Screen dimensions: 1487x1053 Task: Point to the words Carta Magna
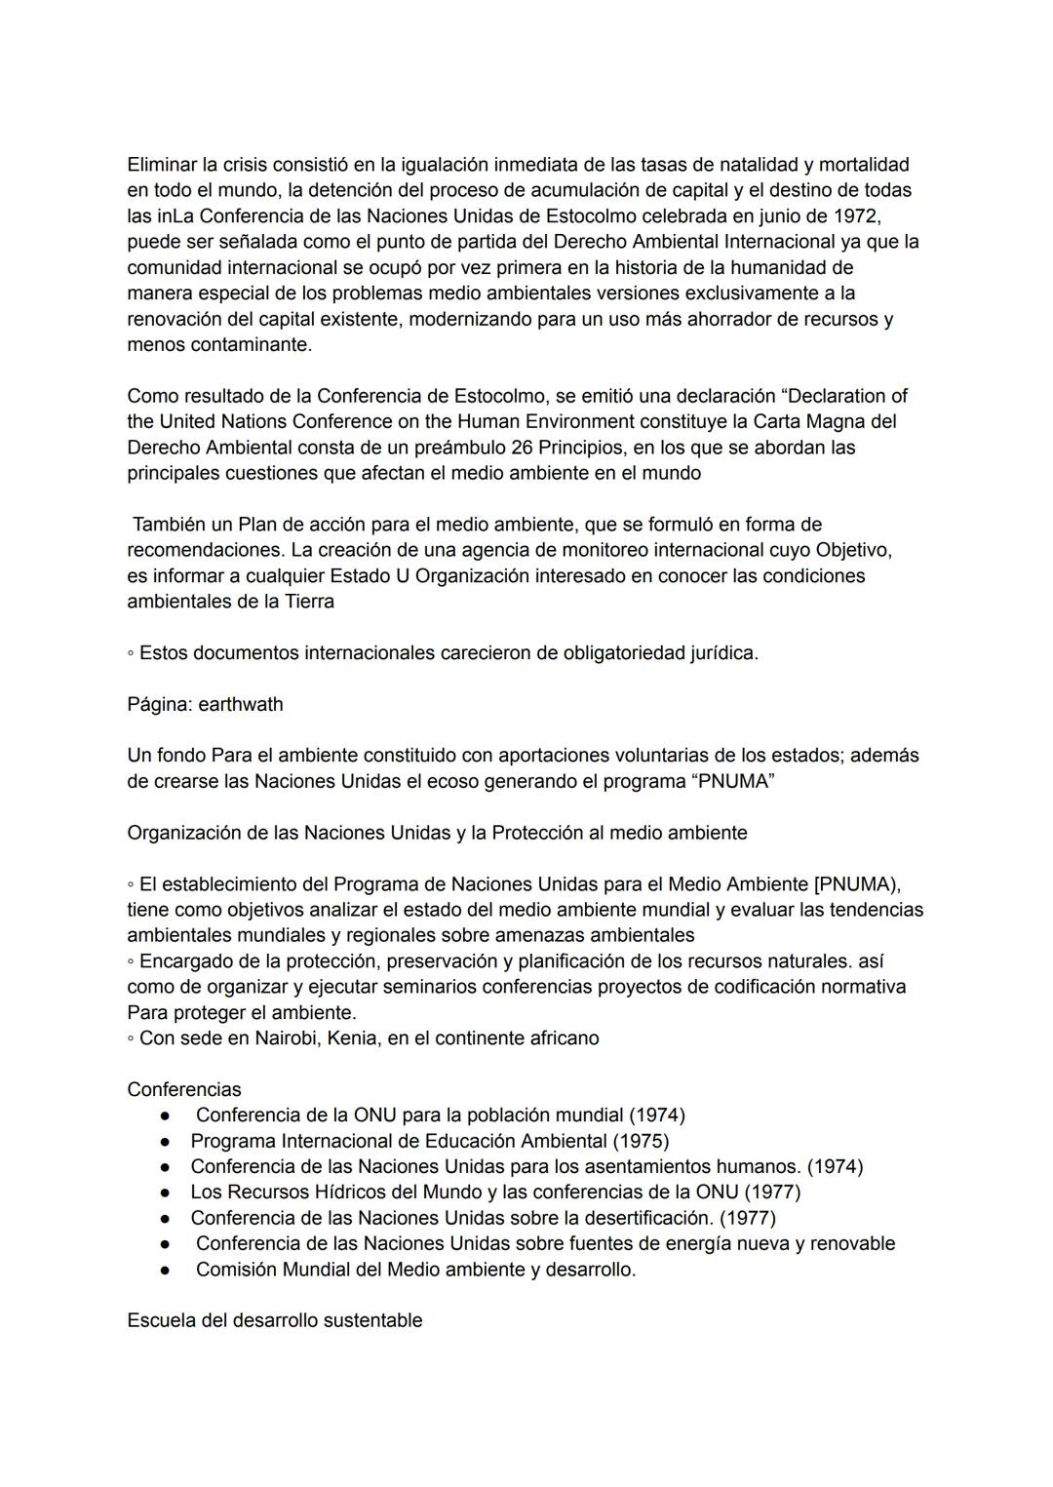coord(809,422)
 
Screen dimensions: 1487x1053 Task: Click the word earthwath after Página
coord(241,704)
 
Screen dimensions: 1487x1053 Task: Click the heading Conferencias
coord(184,1089)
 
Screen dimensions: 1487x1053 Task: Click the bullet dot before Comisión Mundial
coord(168,1271)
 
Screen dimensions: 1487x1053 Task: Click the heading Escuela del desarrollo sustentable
coord(275,1321)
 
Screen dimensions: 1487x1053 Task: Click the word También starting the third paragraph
coord(170,525)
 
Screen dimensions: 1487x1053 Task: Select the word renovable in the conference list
coord(852,1244)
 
